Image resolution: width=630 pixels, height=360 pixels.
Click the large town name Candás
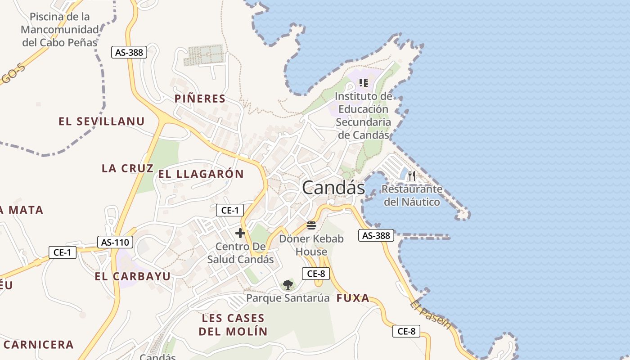(x=333, y=188)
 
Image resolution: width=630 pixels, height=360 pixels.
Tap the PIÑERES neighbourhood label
(x=200, y=99)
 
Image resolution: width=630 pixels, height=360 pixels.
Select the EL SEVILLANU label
(x=102, y=121)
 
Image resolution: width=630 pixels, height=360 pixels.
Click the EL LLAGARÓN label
(x=201, y=174)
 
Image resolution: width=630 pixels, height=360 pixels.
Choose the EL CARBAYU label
(x=133, y=276)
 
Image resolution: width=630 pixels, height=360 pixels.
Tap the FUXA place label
(x=353, y=298)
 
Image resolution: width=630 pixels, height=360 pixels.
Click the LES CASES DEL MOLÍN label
(x=233, y=325)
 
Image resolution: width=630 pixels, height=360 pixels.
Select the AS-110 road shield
(x=115, y=242)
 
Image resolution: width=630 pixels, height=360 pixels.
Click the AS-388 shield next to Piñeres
(x=129, y=52)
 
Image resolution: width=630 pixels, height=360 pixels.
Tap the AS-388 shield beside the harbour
(x=376, y=235)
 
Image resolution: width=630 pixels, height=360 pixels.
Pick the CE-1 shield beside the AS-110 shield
(x=63, y=252)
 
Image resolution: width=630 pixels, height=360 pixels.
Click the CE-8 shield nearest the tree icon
(x=316, y=273)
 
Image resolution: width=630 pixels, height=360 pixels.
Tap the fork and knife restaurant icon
(x=412, y=176)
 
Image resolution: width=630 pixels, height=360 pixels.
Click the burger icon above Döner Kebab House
(x=311, y=225)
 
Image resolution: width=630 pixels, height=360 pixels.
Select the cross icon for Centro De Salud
(x=240, y=233)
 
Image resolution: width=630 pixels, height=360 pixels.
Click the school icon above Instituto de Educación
(x=364, y=83)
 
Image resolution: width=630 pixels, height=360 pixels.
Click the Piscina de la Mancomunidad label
(x=60, y=30)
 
